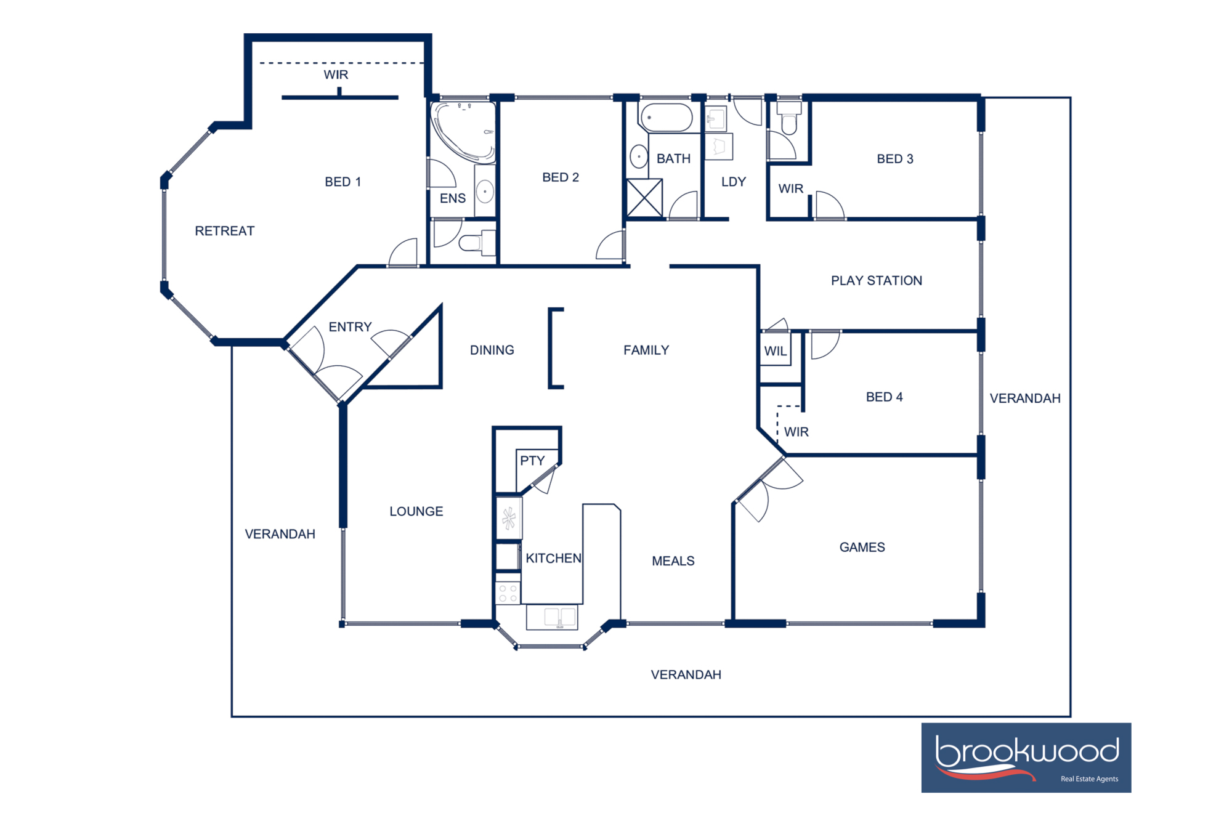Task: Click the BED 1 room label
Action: point(342,182)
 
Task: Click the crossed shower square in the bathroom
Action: point(644,198)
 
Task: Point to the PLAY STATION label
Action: point(876,281)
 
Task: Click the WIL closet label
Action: point(775,351)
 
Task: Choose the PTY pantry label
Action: point(532,461)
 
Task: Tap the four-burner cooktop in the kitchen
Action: point(508,593)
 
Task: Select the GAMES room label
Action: point(862,548)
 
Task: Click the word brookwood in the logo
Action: point(1026,751)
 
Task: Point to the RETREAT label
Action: point(224,231)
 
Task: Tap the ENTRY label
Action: point(350,327)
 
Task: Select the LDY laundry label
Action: point(733,182)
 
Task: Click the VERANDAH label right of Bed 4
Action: point(1024,398)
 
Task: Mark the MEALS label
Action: point(673,561)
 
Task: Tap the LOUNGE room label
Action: point(416,511)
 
